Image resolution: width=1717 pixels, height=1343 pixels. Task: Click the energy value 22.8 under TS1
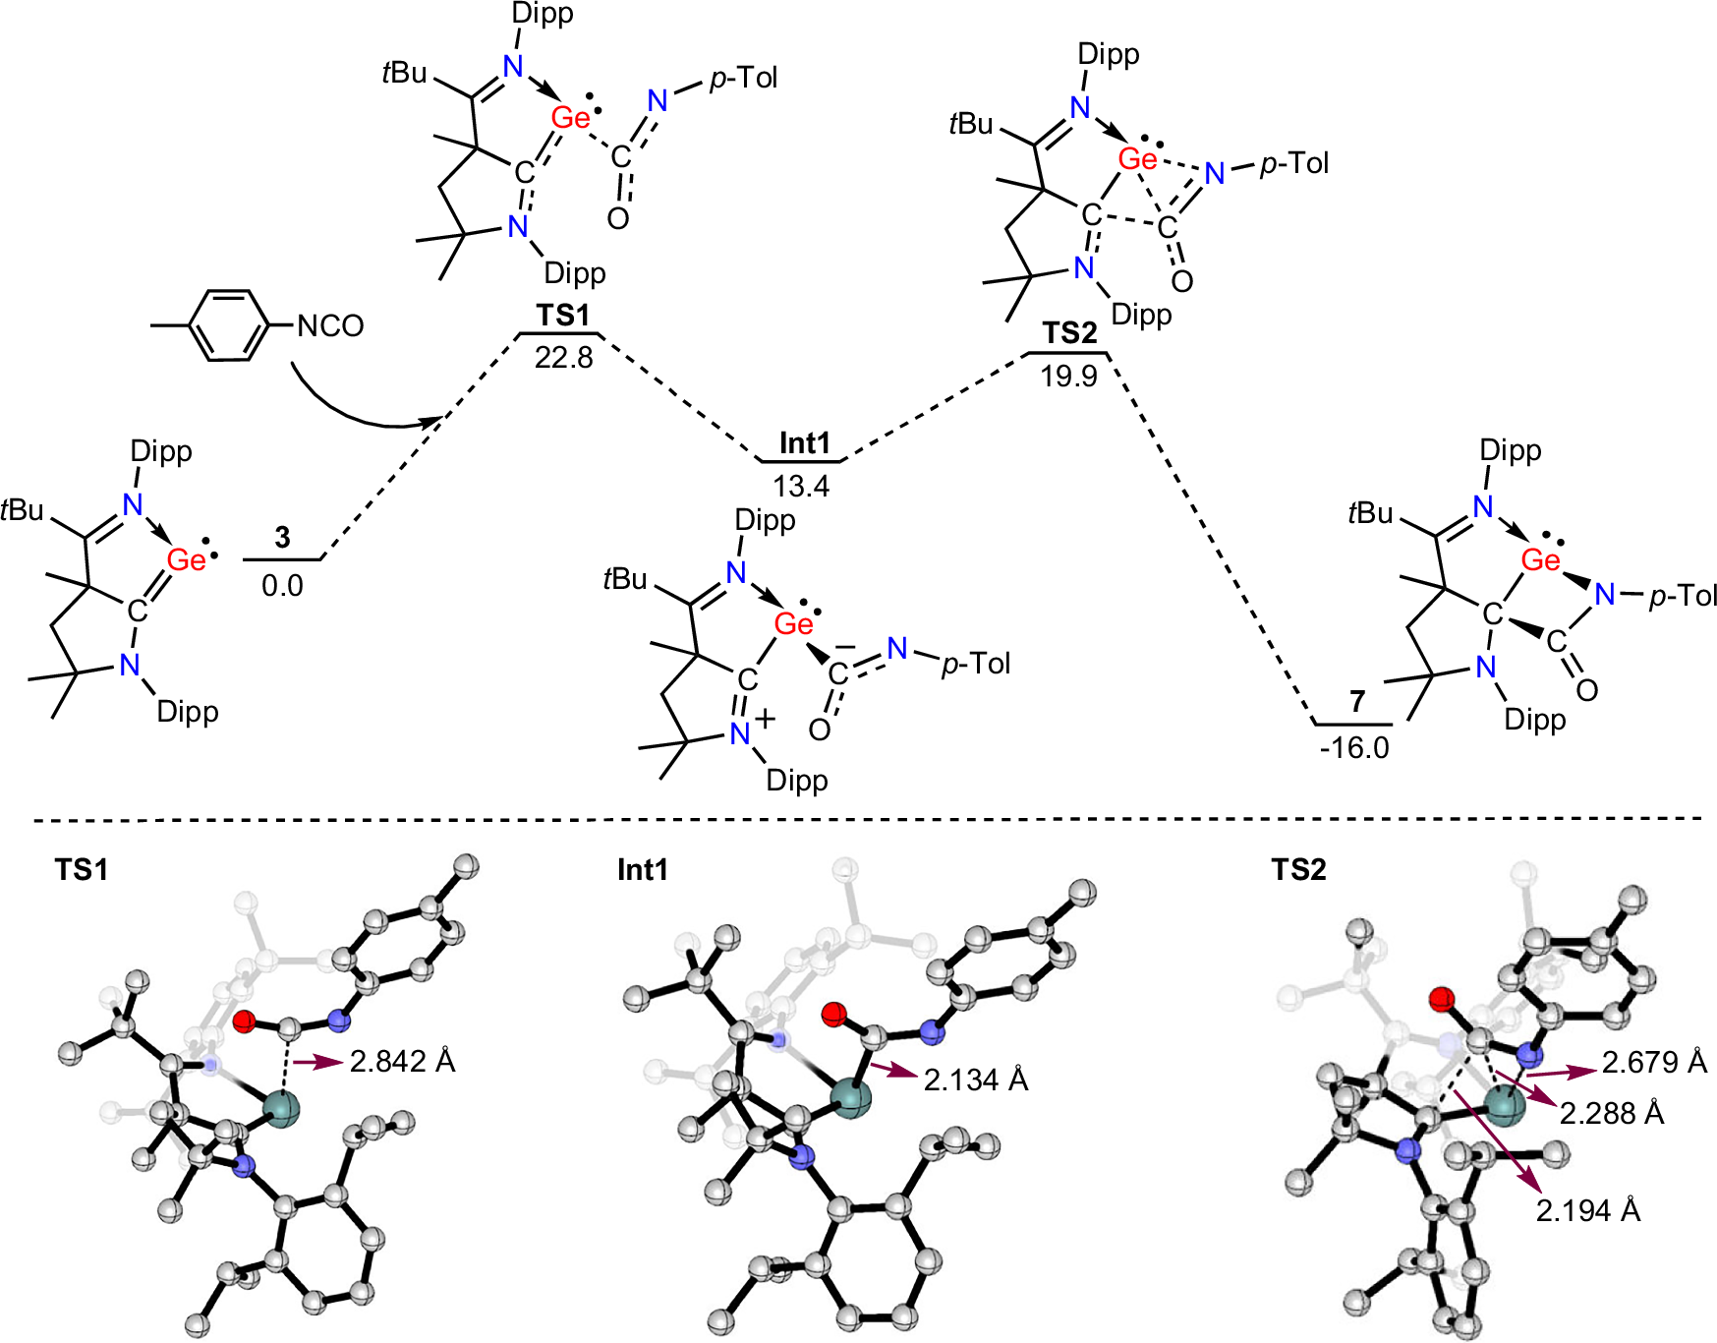563,357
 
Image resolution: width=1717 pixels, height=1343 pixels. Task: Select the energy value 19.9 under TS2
1068,376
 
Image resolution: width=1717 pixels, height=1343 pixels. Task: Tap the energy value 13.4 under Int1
801,486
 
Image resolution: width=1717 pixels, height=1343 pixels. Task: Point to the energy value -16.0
1354,748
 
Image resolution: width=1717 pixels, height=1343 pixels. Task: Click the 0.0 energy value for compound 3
282,586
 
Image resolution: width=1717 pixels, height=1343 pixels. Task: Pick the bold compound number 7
1357,702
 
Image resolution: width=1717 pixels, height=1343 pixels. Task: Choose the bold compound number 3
283,538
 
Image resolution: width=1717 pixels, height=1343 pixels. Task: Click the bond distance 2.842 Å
402,1062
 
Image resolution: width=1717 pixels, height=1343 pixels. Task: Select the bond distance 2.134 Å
975,1080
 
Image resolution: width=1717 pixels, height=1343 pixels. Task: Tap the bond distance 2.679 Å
1654,1063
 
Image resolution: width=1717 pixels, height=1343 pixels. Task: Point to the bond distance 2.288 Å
1612,1114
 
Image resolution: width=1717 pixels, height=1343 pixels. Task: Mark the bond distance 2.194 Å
1588,1210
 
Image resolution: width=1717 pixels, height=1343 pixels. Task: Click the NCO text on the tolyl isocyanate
330,325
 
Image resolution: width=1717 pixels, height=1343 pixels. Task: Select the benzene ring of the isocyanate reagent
227,324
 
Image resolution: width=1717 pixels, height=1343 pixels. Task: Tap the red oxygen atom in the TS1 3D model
245,1022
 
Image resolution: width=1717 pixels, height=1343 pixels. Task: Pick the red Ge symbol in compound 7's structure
1540,560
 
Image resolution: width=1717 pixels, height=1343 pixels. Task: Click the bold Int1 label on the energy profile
804,443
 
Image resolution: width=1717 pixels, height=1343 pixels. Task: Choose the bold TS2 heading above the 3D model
1298,870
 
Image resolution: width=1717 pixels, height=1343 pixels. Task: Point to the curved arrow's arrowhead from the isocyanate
432,421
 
